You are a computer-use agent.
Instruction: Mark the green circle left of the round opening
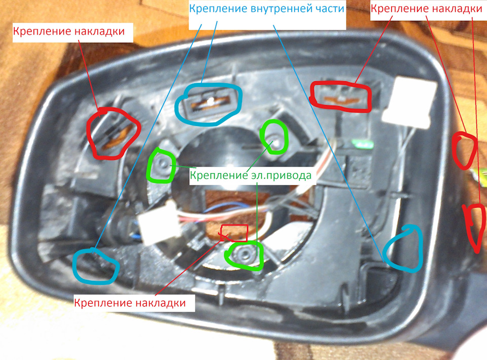pos(161,166)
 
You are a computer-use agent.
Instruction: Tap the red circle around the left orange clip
pos(114,133)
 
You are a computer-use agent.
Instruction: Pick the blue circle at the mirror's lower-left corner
pos(95,265)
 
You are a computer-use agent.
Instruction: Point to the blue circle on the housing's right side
pos(403,248)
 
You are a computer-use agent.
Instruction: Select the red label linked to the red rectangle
pos(134,304)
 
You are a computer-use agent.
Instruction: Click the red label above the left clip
pos(69,31)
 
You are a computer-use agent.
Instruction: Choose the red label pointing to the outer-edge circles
pos(427,9)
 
